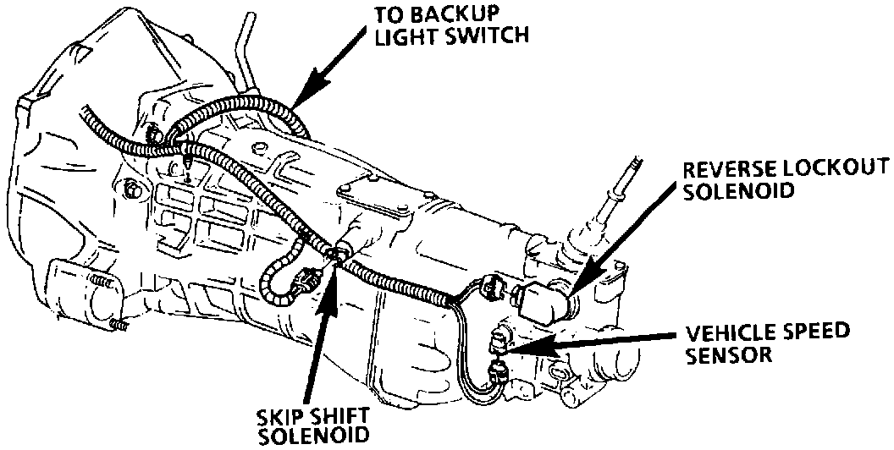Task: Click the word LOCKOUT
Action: coord(838,169)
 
